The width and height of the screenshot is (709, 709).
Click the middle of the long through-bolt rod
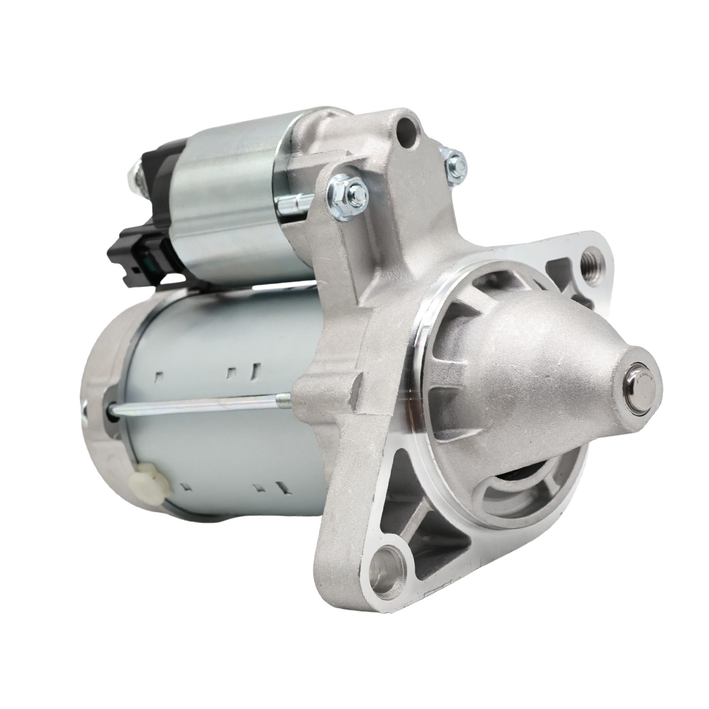click(x=199, y=407)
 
